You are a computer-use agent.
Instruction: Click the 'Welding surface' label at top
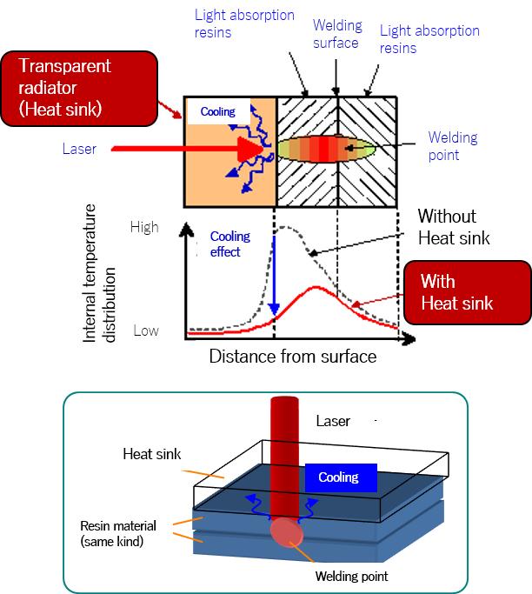(336, 34)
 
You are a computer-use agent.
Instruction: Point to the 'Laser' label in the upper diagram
(79, 149)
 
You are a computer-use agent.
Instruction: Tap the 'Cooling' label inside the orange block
(217, 112)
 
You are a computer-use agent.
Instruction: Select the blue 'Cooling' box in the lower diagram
(338, 477)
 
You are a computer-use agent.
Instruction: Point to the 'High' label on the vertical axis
(144, 228)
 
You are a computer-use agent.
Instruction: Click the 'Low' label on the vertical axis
(145, 331)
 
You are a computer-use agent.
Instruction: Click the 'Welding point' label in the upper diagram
(453, 146)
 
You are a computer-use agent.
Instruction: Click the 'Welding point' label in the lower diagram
(351, 576)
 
